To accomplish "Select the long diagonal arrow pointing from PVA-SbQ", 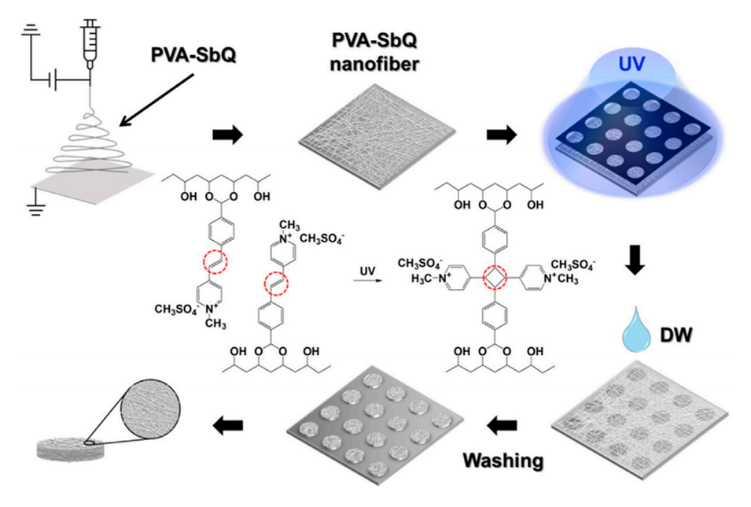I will (156, 96).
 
